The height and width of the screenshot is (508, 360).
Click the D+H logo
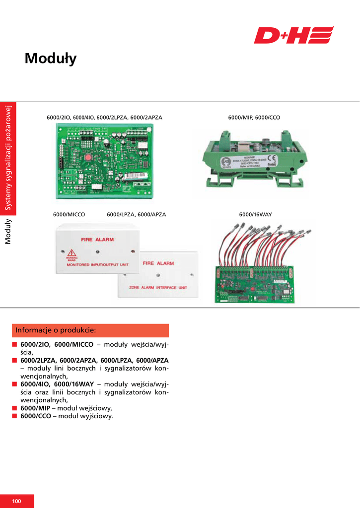pos(293,35)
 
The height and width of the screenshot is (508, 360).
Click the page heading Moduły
pos(51,59)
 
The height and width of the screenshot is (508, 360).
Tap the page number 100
pos(17,501)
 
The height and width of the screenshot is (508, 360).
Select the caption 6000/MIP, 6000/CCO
pos(254,118)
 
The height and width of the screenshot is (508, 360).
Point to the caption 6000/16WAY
pos(255,215)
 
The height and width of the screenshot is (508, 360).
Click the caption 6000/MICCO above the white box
pos(69,215)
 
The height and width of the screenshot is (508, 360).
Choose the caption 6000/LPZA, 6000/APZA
pos(136,215)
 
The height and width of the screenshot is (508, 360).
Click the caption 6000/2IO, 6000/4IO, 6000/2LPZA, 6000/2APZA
pos(104,118)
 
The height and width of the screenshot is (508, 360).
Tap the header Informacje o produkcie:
pos(56,330)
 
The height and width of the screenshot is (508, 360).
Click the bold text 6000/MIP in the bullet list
pos(35,408)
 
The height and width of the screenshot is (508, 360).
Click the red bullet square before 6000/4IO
pos(15,384)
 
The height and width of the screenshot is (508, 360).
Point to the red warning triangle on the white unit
pos(72,253)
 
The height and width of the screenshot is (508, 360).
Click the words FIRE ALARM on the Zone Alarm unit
pos(158,263)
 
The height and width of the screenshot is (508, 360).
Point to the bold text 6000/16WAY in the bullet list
pos(73,384)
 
